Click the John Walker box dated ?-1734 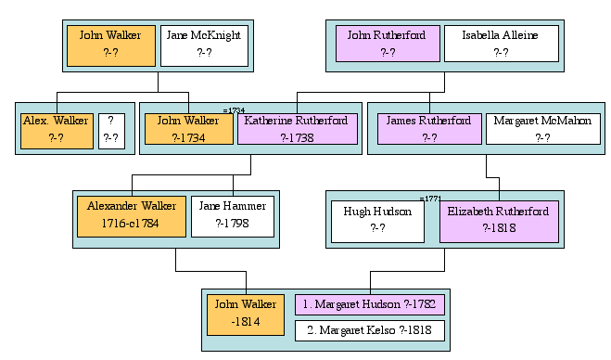point(188,129)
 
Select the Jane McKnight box point(204,45)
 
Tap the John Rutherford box point(387,44)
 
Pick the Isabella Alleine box point(501,44)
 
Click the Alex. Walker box point(57,130)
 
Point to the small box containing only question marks point(111,130)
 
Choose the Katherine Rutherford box point(297,129)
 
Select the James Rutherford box point(429,129)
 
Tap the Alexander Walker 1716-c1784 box point(132,215)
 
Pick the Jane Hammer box point(233,215)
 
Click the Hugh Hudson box point(378,220)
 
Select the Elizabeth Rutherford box point(499,220)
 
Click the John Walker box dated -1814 point(246,314)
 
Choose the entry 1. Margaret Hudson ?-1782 point(370,304)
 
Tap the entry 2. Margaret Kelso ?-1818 point(370,330)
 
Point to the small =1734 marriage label point(234,110)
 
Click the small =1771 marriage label point(430,198)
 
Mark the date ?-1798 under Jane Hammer point(233,224)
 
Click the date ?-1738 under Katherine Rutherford point(297,137)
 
